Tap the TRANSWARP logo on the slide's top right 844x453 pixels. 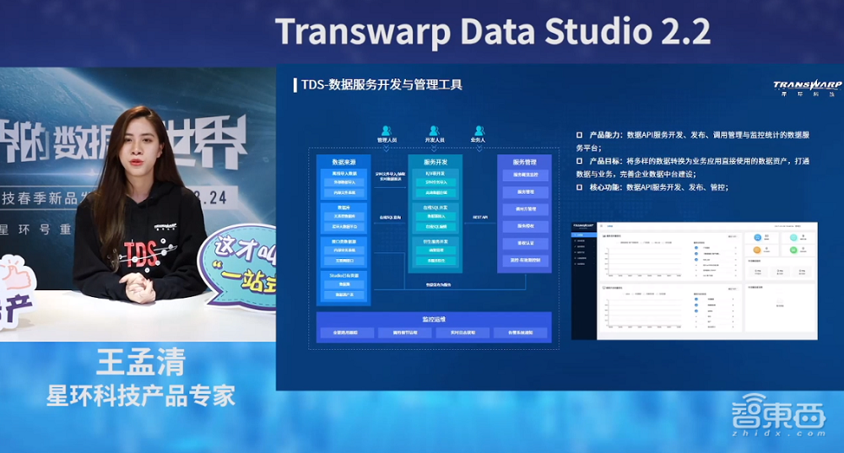pos(806,86)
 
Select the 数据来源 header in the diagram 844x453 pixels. pos(343,161)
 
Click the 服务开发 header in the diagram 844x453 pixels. pos(436,161)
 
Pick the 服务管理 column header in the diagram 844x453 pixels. pos(525,161)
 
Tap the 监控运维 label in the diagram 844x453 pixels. pos(434,320)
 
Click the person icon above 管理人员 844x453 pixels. pos(387,131)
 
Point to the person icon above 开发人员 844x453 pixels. pos(435,131)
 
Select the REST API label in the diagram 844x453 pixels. pos(480,217)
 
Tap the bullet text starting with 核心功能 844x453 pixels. pos(658,186)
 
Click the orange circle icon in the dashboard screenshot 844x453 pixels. pos(757,251)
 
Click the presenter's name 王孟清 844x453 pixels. pos(140,364)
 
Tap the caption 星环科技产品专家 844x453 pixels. pos(140,396)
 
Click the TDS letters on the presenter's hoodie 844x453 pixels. pos(140,251)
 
